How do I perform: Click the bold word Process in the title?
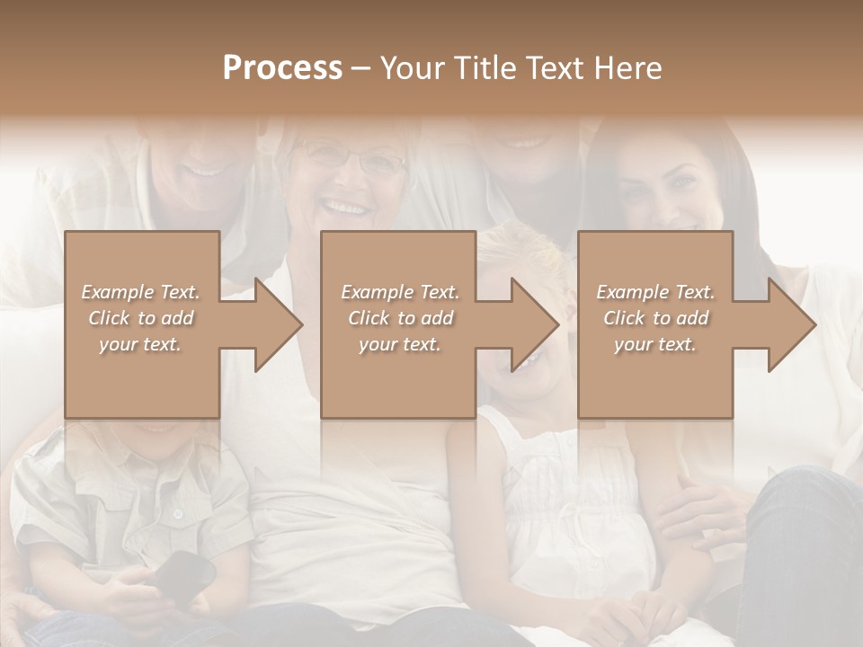pyautogui.click(x=282, y=67)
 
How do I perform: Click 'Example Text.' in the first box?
pyautogui.click(x=141, y=292)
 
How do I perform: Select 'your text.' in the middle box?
pyautogui.click(x=400, y=344)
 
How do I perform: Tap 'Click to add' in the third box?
pyautogui.click(x=655, y=318)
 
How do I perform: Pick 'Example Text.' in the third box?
pyautogui.click(x=655, y=292)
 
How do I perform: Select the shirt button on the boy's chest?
pyautogui.click(x=178, y=514)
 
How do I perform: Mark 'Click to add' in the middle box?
pyautogui.click(x=400, y=318)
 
